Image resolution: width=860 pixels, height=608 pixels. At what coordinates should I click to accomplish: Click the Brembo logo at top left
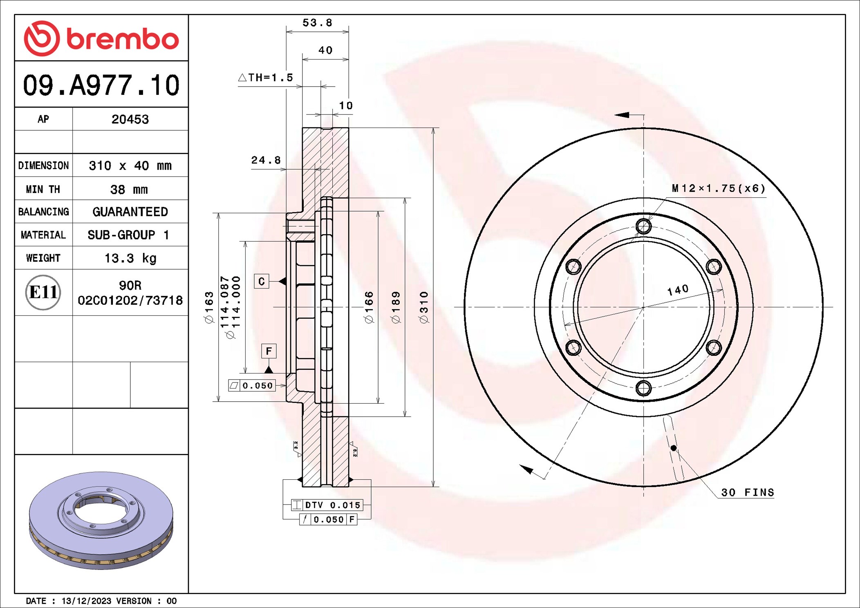[101, 38]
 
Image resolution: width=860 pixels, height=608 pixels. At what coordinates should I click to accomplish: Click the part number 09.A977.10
[101, 85]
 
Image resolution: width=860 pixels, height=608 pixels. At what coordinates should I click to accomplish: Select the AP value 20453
[130, 119]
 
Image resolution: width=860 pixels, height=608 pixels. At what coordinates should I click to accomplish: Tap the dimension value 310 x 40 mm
[130, 165]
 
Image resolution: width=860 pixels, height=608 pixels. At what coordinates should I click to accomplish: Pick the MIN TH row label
[43, 189]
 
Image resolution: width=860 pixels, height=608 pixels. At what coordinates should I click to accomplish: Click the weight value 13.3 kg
[130, 258]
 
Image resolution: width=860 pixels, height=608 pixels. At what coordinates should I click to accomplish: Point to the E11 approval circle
[43, 292]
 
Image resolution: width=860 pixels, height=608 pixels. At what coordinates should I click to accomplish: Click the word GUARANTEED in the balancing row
[130, 212]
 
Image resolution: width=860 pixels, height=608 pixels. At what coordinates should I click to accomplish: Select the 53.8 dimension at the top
[317, 23]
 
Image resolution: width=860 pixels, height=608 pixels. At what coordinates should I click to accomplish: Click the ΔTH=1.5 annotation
[266, 77]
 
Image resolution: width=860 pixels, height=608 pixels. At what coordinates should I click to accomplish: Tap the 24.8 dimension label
[266, 160]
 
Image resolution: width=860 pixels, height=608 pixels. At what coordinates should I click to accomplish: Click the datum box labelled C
[262, 281]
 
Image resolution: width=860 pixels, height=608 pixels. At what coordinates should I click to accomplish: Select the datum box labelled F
[269, 351]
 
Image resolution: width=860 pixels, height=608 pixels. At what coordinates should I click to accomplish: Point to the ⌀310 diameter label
[424, 307]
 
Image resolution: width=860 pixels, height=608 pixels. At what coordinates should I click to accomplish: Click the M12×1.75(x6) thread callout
[718, 188]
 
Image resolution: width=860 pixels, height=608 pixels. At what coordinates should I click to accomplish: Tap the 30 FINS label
[747, 492]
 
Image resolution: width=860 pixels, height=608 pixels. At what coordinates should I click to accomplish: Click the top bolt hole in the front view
[643, 226]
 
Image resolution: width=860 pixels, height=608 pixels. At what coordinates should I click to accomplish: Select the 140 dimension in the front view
[678, 290]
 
